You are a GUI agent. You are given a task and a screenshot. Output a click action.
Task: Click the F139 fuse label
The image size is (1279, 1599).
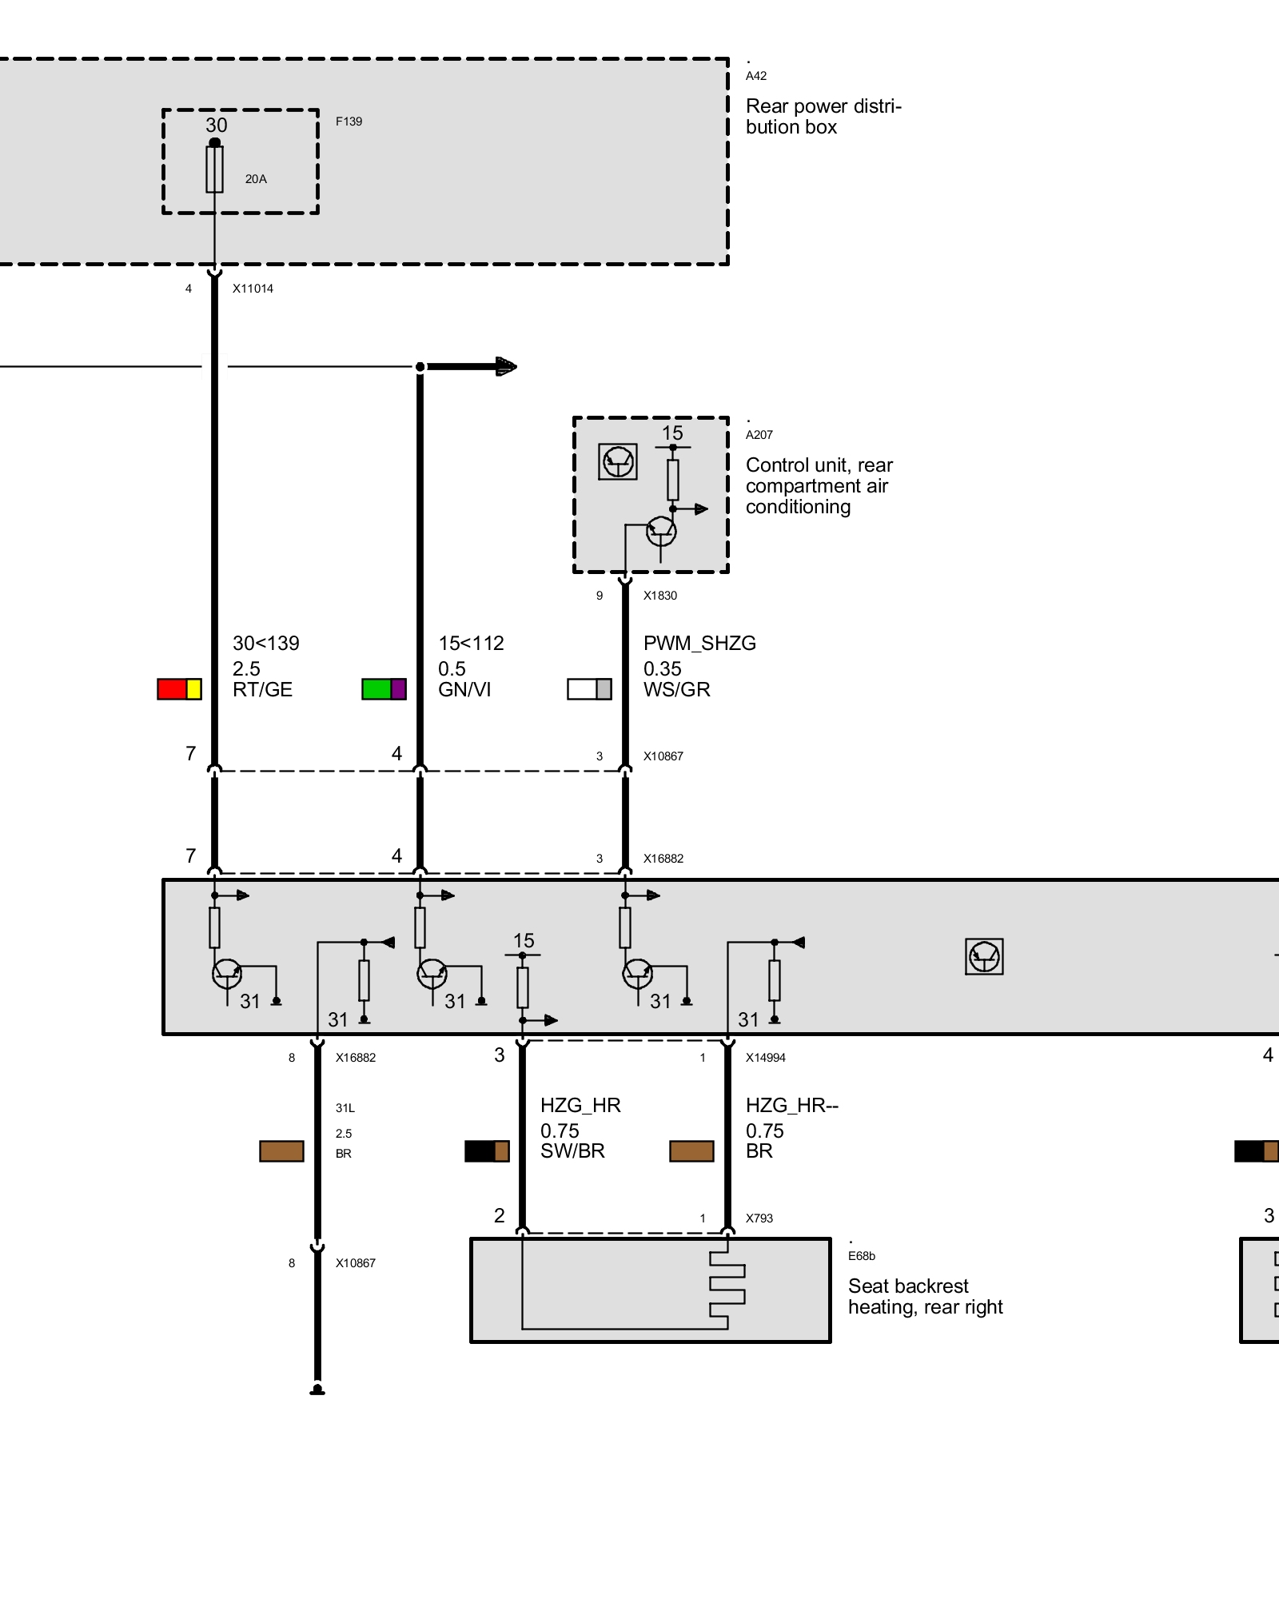tap(349, 122)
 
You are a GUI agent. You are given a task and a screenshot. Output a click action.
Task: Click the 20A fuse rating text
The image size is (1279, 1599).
tap(256, 179)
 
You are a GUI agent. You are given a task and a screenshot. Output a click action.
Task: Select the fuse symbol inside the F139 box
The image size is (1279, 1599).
tap(214, 168)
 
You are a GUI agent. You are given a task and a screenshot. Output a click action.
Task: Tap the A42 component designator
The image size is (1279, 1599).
tap(756, 76)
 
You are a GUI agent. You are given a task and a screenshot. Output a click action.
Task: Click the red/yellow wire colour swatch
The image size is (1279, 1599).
tap(179, 689)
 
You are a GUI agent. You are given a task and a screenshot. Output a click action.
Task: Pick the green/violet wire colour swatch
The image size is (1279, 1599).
tap(384, 689)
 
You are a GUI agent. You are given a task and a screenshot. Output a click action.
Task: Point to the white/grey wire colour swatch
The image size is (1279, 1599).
tap(589, 689)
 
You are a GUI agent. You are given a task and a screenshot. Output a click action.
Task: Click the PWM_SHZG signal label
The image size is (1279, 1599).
tap(699, 643)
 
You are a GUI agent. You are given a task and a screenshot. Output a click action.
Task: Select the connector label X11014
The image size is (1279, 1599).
tap(253, 289)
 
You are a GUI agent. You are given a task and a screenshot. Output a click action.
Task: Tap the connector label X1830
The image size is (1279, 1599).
tap(660, 596)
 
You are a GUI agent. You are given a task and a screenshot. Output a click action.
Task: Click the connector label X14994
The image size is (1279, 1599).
tap(766, 1058)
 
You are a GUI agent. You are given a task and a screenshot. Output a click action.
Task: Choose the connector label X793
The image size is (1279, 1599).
tap(759, 1218)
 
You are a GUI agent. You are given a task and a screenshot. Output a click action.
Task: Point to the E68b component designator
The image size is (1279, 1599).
tap(862, 1256)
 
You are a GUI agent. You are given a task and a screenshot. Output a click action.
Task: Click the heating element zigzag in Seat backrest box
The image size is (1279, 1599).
tap(727, 1283)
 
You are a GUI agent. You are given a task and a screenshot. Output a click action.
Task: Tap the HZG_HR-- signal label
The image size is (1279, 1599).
tap(792, 1105)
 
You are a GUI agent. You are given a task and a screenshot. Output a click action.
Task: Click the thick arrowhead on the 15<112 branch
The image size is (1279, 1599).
tap(506, 367)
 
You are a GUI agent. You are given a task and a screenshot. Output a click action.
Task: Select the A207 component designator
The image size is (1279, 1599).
tap(759, 435)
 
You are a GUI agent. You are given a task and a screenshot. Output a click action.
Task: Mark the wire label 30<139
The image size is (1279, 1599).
tap(266, 643)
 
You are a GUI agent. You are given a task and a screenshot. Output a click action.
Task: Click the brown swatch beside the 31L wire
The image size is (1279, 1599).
tap(281, 1151)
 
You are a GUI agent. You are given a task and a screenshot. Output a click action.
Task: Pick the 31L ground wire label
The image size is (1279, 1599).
tap(345, 1108)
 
